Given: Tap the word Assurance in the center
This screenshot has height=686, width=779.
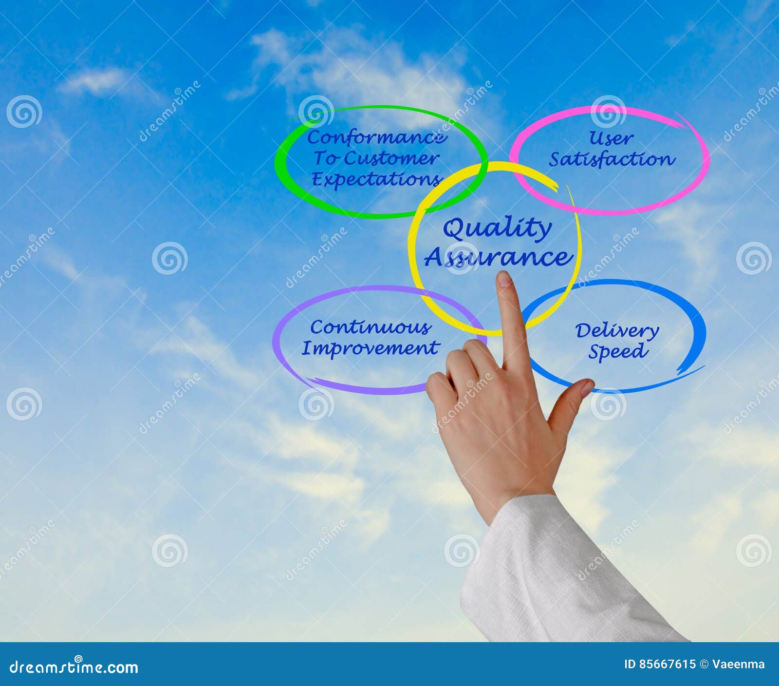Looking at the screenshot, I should click(498, 257).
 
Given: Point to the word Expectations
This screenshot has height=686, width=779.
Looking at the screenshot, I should click(376, 179).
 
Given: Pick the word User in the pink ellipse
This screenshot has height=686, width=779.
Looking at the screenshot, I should click(611, 138).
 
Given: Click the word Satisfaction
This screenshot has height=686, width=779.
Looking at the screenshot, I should click(612, 159).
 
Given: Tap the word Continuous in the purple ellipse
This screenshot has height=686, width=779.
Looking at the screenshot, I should click(370, 327).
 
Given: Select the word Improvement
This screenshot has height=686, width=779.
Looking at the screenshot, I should click(370, 348).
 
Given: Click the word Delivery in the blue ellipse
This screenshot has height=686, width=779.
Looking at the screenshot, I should click(617, 331).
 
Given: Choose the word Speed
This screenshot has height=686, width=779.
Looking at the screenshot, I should click(617, 351).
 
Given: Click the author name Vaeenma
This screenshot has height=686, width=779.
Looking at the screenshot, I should click(738, 665).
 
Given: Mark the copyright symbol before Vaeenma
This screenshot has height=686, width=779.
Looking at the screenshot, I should click(704, 665).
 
